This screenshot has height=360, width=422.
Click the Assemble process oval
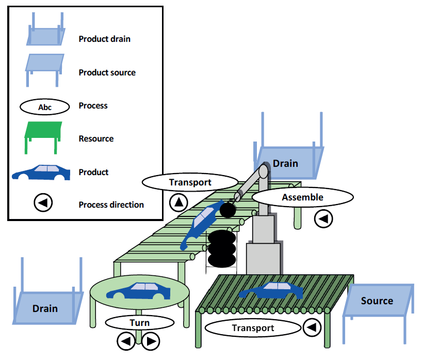(302, 197)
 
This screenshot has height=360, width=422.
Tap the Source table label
(377, 301)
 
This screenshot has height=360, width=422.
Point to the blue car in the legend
(41, 173)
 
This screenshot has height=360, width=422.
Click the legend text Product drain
(104, 39)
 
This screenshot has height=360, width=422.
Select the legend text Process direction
(111, 205)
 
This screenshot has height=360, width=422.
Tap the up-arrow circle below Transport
(178, 202)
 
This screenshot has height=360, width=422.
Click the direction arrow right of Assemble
(323, 219)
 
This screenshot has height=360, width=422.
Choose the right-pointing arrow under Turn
(150, 341)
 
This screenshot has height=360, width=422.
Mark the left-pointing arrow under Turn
(125, 341)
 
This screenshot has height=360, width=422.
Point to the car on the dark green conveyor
(271, 291)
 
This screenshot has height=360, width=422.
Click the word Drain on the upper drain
(285, 163)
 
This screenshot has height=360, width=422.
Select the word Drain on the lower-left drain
(45, 308)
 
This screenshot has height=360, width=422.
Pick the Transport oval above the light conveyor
(190, 182)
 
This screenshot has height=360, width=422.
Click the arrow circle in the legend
(43, 204)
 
